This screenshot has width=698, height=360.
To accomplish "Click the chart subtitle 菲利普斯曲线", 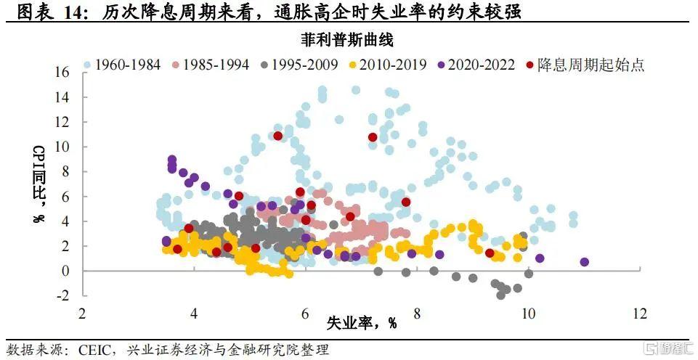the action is click(x=347, y=41).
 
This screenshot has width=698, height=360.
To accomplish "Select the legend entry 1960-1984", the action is click(x=123, y=65).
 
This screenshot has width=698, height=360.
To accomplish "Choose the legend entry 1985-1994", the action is click(x=211, y=65).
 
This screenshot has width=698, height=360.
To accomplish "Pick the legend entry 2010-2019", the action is click(x=387, y=65).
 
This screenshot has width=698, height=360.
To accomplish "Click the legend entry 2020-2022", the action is click(x=476, y=65).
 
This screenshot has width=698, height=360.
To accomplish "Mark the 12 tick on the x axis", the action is click(x=640, y=314).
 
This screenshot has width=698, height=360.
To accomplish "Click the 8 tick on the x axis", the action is click(x=417, y=314).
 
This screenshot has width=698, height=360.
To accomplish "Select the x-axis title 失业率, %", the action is click(x=362, y=323).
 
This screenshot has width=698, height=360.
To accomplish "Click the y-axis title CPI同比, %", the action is click(x=40, y=184).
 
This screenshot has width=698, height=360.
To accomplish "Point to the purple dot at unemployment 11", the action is click(x=585, y=262).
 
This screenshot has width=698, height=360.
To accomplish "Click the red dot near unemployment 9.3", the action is click(x=490, y=253).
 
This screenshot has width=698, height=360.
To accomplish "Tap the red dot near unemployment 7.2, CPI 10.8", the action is click(x=373, y=137).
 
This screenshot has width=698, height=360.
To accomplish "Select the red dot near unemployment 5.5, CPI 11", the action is click(x=277, y=136).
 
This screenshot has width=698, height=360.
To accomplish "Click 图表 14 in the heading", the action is click(x=48, y=12).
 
